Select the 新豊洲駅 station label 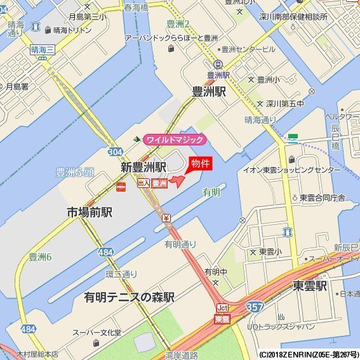(x=143, y=167)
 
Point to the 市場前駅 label (x=90, y=212)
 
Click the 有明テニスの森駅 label (x=129, y=297)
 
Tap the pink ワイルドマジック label (x=175, y=139)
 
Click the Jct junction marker (x=222, y=309)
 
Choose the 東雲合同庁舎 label (x=323, y=197)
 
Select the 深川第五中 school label (x=284, y=103)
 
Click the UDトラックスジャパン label (x=281, y=326)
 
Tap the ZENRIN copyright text (x=308, y=354)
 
